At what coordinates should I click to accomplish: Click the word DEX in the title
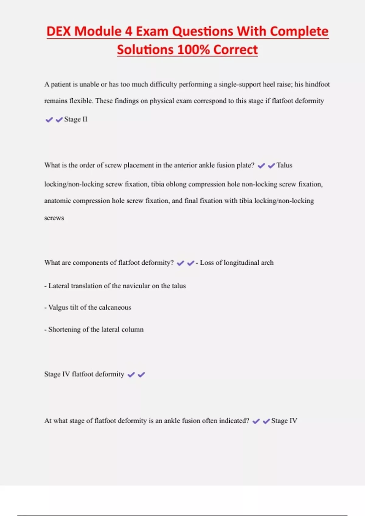[59, 31]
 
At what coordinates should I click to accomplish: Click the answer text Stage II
[75, 119]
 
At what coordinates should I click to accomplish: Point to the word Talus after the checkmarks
[284, 165]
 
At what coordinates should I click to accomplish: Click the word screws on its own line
[54, 218]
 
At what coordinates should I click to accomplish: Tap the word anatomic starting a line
[57, 201]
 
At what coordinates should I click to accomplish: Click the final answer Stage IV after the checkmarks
[284, 421]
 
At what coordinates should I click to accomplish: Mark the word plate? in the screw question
[245, 165]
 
